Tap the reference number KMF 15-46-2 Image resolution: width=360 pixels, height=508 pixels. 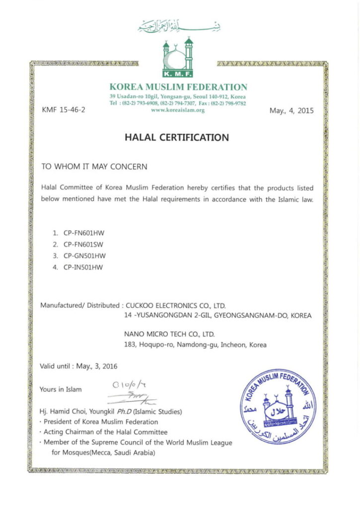point(64,111)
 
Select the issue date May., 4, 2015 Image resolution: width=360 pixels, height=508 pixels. point(291,111)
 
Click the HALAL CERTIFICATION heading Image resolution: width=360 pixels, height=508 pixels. point(177,137)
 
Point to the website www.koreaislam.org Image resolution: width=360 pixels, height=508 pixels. point(178,110)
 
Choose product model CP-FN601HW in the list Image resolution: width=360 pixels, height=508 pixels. point(85,232)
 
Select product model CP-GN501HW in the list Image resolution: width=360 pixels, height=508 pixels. point(85,256)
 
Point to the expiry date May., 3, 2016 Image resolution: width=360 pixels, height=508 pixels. point(97,367)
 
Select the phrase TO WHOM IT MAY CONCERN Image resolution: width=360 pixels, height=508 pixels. point(94,167)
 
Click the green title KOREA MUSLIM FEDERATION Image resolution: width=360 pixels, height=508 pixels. point(178,87)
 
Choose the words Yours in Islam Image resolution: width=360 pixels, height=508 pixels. point(61,389)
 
